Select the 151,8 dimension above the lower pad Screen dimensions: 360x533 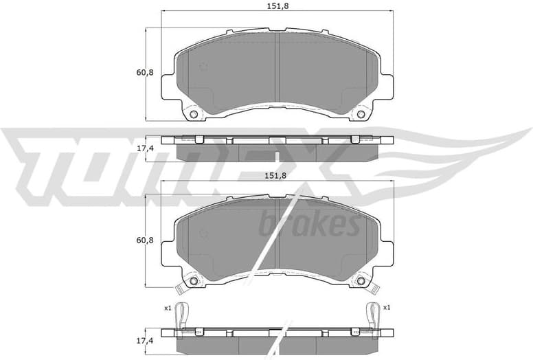point(276,176)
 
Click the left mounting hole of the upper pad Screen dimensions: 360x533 point(194,114)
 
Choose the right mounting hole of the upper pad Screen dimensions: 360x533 point(359,114)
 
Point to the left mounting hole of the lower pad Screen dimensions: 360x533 point(194,281)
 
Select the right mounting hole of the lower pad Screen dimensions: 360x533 point(359,281)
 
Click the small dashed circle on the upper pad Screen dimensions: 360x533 point(203,67)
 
